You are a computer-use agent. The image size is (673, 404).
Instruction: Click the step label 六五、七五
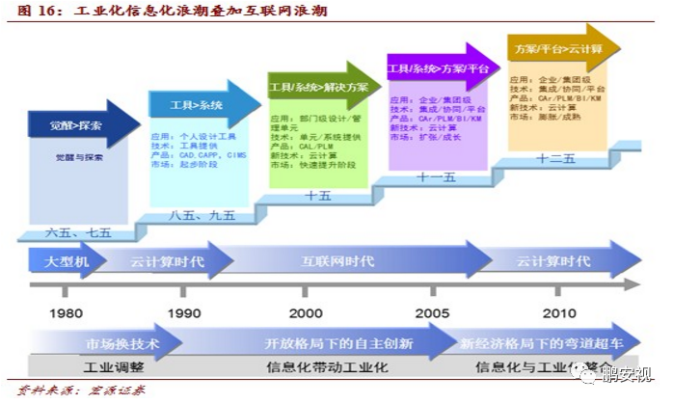79,233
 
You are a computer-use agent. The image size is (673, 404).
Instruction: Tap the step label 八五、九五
202,215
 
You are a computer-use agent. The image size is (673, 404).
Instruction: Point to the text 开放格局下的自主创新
339,344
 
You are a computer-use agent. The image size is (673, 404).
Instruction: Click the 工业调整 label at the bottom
114,366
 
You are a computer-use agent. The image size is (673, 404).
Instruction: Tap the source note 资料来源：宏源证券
81,391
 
